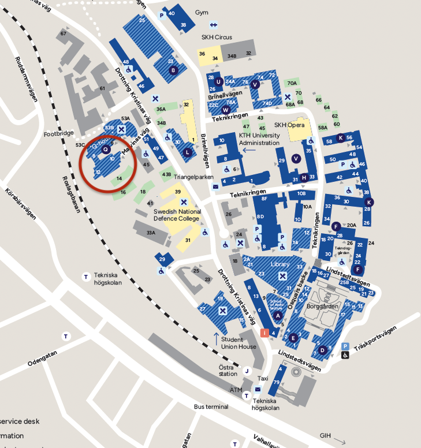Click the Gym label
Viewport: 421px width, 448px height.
click(201, 12)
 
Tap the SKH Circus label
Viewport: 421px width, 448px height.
click(217, 37)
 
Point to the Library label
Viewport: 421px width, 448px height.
click(280, 264)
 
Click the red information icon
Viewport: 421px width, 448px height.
click(265, 332)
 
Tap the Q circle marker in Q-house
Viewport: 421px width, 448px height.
click(105, 149)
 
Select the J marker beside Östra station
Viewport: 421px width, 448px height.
click(247, 371)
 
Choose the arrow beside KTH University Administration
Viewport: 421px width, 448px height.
click(249, 150)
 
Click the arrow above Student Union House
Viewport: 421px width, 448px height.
click(217, 337)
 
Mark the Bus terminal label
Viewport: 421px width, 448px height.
click(211, 406)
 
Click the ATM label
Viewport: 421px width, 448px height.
click(236, 390)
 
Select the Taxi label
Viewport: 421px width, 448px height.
click(263, 378)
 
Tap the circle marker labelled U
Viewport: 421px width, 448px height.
click(218, 81)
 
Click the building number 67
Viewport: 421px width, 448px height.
click(64, 34)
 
